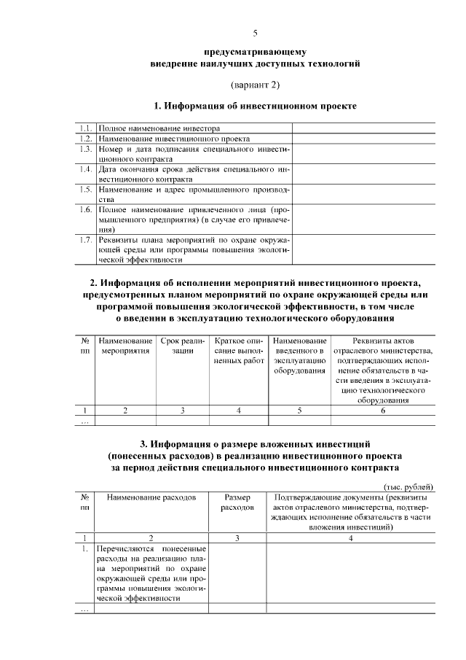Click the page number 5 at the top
(x=255, y=33)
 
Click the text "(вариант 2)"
(x=255, y=85)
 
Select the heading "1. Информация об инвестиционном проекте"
(x=255, y=106)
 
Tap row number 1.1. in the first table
(x=86, y=128)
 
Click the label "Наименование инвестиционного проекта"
(x=175, y=138)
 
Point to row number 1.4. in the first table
(x=86, y=168)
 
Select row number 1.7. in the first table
(x=86, y=238)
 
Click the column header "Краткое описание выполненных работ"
(x=239, y=351)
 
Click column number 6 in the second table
(x=383, y=411)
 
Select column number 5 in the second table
(x=299, y=411)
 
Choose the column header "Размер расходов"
(x=237, y=502)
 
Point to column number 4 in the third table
(x=351, y=537)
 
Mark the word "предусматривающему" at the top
(x=255, y=53)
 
